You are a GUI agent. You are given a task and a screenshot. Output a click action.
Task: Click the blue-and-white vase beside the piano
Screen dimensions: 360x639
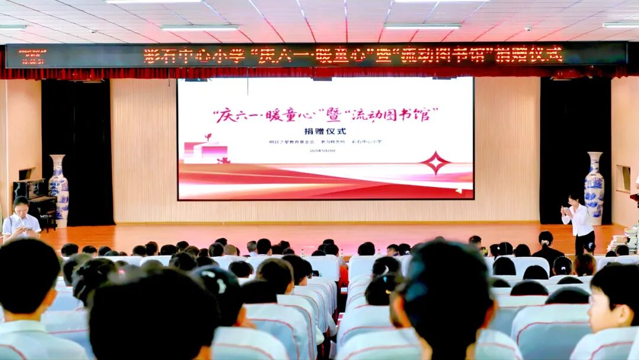(x=58, y=189)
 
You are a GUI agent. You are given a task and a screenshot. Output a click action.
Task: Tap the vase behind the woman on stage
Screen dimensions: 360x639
(x=594, y=188)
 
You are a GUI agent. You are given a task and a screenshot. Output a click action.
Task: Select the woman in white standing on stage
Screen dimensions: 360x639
(x=578, y=221)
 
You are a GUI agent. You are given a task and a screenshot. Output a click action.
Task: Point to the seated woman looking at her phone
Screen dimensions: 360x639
(x=20, y=219)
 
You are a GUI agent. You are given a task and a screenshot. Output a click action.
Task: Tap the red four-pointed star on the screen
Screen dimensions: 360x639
(x=436, y=162)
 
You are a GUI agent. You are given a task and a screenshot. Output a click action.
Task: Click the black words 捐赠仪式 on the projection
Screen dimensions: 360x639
(x=325, y=131)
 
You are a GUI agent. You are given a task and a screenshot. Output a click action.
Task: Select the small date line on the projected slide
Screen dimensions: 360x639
(x=322, y=151)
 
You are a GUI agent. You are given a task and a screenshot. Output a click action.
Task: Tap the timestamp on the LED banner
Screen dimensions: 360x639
(x=33, y=56)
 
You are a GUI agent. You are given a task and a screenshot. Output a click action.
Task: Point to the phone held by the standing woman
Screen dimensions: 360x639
(x=566, y=210)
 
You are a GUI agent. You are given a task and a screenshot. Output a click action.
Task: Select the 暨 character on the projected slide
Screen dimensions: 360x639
(x=334, y=113)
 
